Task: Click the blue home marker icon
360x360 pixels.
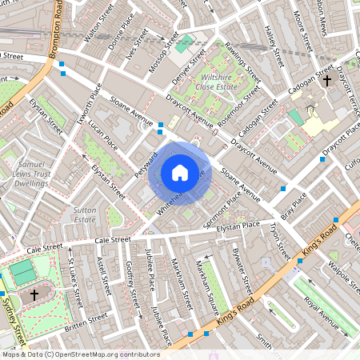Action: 180,172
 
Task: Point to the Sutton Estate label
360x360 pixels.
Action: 86,214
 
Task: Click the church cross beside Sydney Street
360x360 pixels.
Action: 34,295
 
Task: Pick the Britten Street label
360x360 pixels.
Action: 86,321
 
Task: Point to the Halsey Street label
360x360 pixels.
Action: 274,43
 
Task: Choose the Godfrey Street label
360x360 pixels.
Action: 129,281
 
